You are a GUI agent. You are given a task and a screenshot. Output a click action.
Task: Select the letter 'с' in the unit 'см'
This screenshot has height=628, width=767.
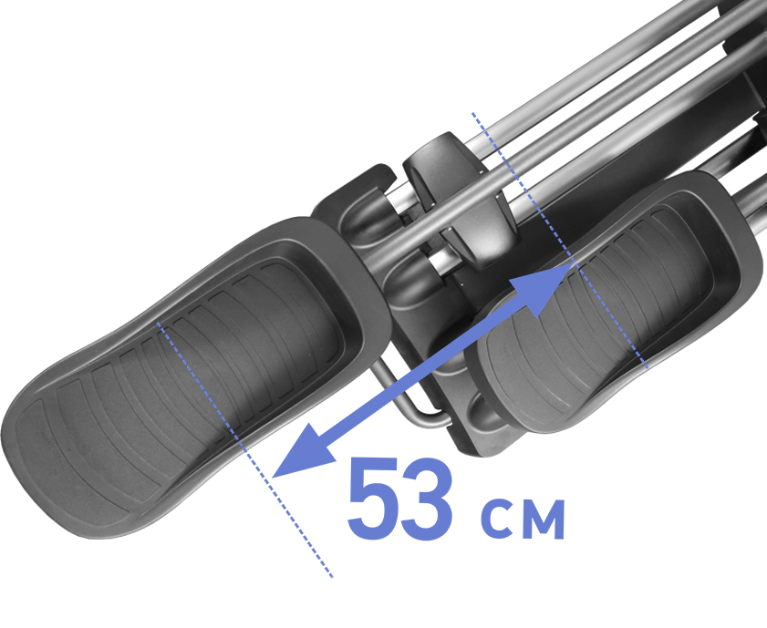[x=497, y=518]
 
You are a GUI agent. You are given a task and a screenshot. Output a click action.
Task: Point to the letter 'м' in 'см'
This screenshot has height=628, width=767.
[x=543, y=519]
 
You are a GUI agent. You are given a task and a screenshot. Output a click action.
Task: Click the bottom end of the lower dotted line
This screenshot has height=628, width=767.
[x=332, y=578]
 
